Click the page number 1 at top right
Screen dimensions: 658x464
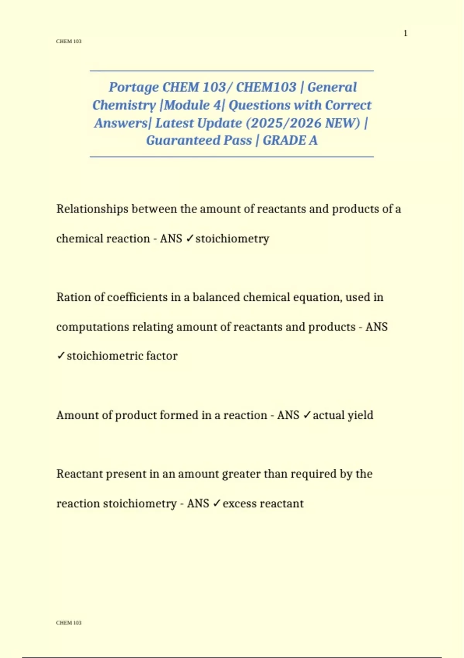tap(405, 33)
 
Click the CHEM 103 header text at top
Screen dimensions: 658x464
tap(69, 41)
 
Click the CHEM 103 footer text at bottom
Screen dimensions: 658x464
tap(69, 623)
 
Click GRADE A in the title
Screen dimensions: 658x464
tap(290, 140)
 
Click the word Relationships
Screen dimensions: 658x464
tap(92, 209)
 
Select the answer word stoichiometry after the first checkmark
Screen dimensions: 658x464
tap(232, 239)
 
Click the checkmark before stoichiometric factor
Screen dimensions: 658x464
tap(61, 356)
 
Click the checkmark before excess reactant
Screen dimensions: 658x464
tap(217, 503)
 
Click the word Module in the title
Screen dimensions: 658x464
tap(187, 105)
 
